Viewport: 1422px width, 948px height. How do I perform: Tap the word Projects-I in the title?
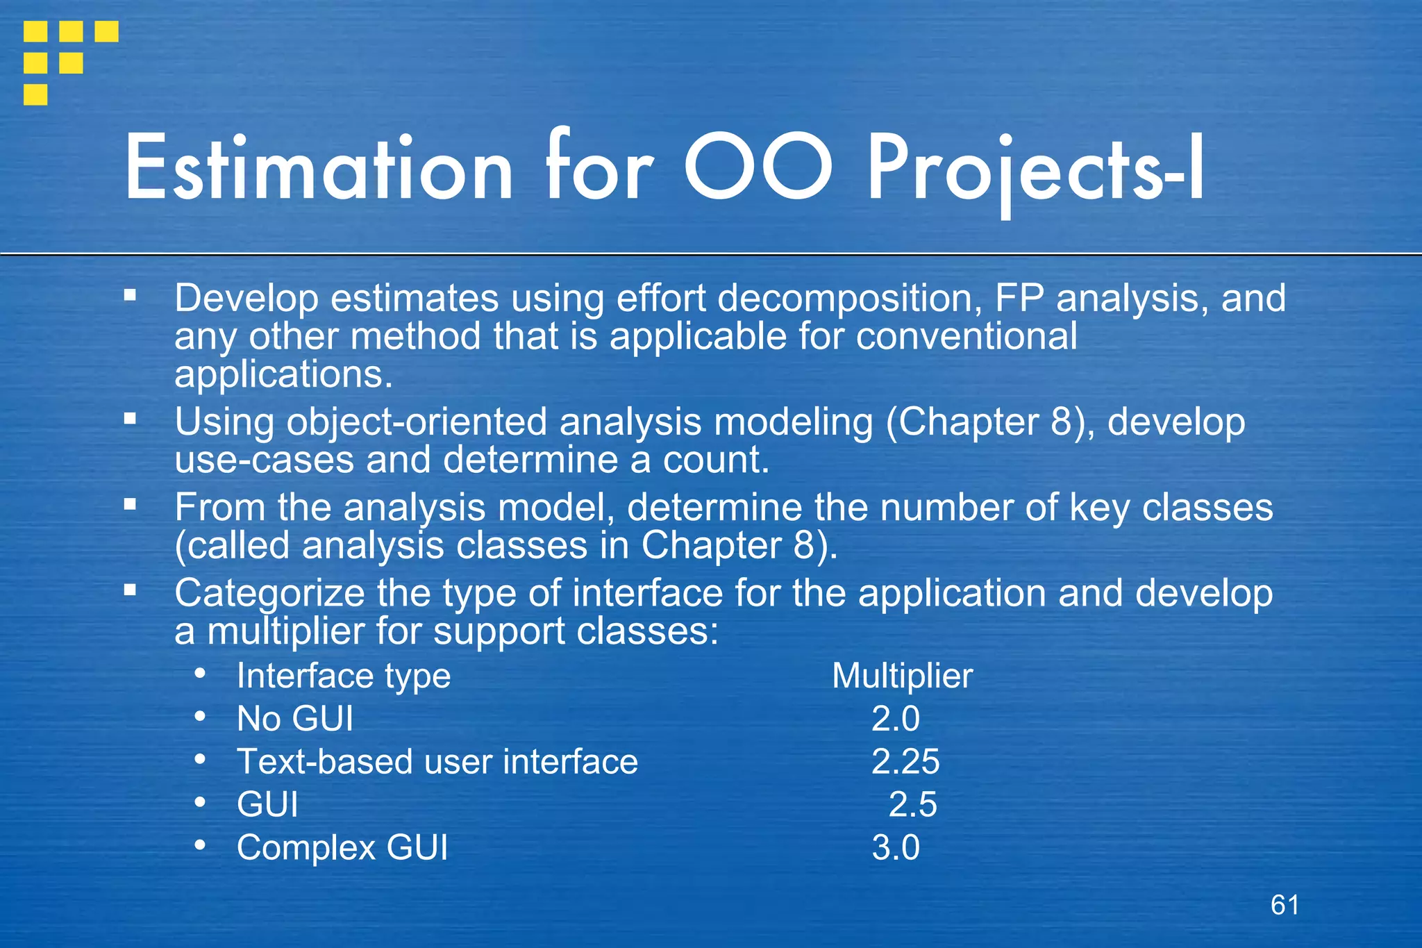click(1035, 170)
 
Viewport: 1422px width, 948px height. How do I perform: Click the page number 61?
click(1285, 905)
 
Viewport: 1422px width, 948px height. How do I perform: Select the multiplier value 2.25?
click(905, 762)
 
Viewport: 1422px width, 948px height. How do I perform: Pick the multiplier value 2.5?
click(913, 805)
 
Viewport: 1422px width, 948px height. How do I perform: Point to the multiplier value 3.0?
click(896, 848)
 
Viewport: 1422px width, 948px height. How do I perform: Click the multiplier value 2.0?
click(896, 719)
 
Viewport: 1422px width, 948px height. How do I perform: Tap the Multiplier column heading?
click(902, 676)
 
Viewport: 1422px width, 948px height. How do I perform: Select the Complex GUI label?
click(342, 848)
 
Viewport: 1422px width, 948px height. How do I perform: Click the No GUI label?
click(295, 719)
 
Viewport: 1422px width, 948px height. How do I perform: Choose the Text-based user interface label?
click(437, 762)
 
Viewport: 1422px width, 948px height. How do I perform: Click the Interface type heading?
click(344, 676)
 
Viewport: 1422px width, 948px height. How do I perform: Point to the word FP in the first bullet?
click(1019, 299)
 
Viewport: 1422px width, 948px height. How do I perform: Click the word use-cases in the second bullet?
click(264, 460)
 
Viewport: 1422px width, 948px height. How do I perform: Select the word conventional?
click(967, 337)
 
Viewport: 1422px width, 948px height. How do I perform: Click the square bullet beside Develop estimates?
click(130, 295)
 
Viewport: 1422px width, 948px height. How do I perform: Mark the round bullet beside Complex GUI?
click(200, 845)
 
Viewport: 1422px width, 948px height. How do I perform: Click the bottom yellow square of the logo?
click(35, 94)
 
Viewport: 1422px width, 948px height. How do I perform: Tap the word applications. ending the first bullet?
click(283, 375)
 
